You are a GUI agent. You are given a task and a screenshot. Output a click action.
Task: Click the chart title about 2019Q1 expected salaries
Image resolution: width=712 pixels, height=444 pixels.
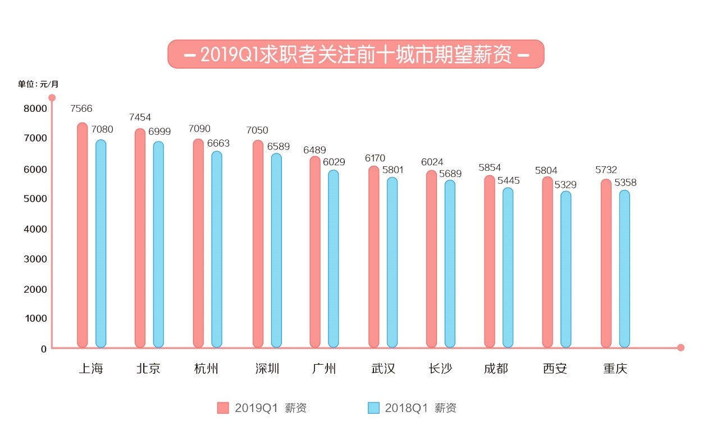click(x=356, y=55)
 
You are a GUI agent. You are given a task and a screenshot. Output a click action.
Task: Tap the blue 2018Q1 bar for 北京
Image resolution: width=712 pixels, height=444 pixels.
click(x=158, y=244)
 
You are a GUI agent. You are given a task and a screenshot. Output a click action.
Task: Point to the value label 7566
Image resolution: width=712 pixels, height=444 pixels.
click(x=81, y=108)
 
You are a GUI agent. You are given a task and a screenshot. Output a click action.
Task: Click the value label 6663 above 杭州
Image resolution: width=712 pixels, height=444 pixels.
click(x=218, y=143)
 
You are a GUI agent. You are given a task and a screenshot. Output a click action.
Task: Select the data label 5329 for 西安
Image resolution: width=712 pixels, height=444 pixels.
click(x=565, y=184)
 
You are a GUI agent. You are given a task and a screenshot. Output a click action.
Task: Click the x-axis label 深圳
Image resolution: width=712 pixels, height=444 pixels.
click(x=267, y=369)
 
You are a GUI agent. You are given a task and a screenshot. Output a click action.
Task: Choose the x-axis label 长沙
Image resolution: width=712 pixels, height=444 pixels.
click(x=440, y=369)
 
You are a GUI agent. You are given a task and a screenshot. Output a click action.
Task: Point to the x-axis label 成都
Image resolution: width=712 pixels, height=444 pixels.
click(x=496, y=369)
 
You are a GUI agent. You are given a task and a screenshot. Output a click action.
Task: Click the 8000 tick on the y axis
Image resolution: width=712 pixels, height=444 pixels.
click(x=35, y=108)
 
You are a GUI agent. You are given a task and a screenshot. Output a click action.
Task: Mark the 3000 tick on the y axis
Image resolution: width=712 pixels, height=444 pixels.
click(x=35, y=259)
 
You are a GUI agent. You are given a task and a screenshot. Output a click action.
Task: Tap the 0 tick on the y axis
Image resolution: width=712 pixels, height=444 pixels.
click(x=43, y=349)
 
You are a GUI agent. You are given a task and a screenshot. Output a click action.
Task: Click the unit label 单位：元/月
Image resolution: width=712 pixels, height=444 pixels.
click(x=38, y=84)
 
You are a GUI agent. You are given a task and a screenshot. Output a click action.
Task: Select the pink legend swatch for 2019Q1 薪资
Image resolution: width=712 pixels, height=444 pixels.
click(x=223, y=408)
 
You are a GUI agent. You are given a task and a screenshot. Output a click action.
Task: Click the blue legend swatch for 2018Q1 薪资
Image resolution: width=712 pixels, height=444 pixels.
click(x=373, y=408)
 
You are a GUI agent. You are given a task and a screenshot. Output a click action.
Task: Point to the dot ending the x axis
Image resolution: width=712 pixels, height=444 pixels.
click(x=681, y=347)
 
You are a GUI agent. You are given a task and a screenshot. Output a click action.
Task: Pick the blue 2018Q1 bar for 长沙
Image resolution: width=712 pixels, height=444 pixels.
click(x=450, y=264)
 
